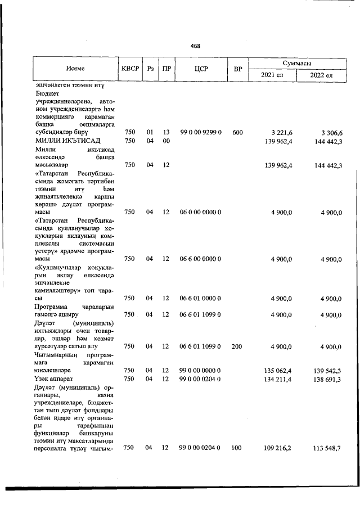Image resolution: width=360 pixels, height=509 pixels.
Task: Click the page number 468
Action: click(x=195, y=46)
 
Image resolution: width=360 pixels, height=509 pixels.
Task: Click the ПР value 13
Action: click(x=166, y=132)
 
